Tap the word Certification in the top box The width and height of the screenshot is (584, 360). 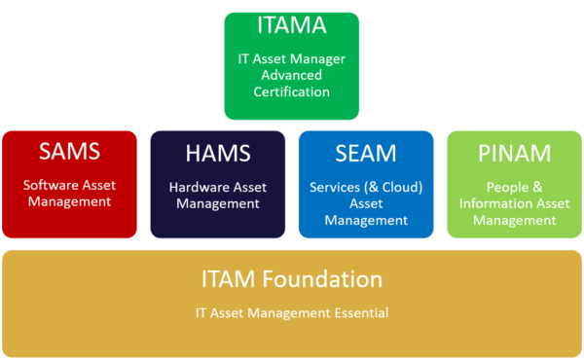[x=291, y=92]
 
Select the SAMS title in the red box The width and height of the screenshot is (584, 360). [x=70, y=153]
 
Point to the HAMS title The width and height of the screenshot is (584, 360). [x=218, y=153]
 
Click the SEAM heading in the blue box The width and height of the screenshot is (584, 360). [x=366, y=153]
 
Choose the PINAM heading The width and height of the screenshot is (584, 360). [x=513, y=153]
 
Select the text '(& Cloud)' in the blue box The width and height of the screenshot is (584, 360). [x=388, y=185]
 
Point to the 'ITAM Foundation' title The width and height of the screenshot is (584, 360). [x=291, y=280]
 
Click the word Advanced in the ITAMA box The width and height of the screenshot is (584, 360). [x=291, y=75]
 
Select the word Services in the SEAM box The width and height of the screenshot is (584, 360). [x=334, y=185]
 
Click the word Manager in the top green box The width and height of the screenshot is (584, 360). [x=318, y=58]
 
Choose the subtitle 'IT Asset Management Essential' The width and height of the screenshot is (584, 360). [x=291, y=313]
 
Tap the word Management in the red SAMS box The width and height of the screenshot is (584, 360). [x=70, y=201]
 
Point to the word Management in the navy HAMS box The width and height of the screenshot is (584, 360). [x=218, y=204]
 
